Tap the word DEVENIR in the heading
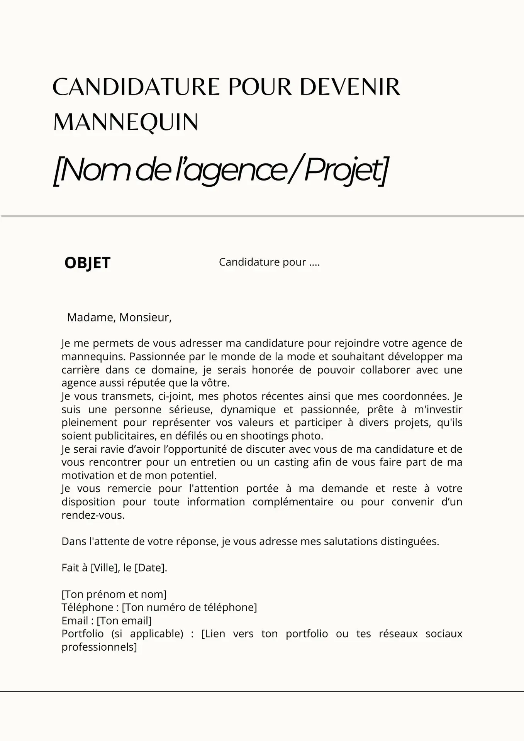click(349, 87)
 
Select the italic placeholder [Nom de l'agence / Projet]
click(220, 170)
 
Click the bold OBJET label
click(87, 263)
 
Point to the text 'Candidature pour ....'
click(269, 262)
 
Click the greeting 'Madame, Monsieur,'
click(119, 317)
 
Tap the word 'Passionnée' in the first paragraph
click(154, 356)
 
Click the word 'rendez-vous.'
click(93, 515)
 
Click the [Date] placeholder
click(150, 568)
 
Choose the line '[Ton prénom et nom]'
click(114, 594)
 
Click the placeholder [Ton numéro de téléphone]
click(189, 607)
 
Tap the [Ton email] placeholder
click(124, 621)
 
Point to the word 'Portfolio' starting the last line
click(83, 634)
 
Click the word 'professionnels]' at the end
click(99, 647)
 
